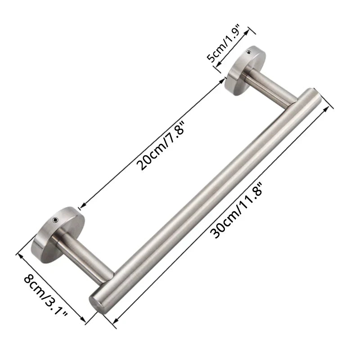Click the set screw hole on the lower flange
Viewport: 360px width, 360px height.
pyautogui.click(x=55, y=220)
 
